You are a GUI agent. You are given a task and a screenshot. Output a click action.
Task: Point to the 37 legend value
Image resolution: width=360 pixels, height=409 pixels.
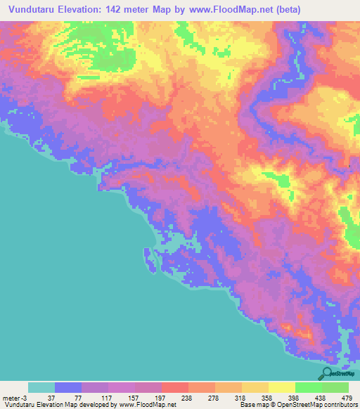tap(41, 397)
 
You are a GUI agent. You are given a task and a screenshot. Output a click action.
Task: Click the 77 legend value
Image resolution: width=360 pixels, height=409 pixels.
tap(68, 397)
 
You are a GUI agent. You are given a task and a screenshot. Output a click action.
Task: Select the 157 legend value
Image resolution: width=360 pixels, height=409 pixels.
tap(122, 397)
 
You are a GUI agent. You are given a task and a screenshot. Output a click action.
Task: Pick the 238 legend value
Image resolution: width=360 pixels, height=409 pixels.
tap(175, 397)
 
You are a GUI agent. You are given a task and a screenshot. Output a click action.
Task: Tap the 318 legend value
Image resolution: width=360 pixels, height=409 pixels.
tap(229, 397)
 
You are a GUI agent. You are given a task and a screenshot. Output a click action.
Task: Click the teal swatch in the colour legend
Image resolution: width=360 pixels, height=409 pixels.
tap(41, 387)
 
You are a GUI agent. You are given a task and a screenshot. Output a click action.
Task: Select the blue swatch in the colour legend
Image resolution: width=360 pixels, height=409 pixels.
tap(68, 387)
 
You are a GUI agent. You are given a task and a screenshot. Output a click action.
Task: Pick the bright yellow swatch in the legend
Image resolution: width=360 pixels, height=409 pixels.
tap(282, 387)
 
